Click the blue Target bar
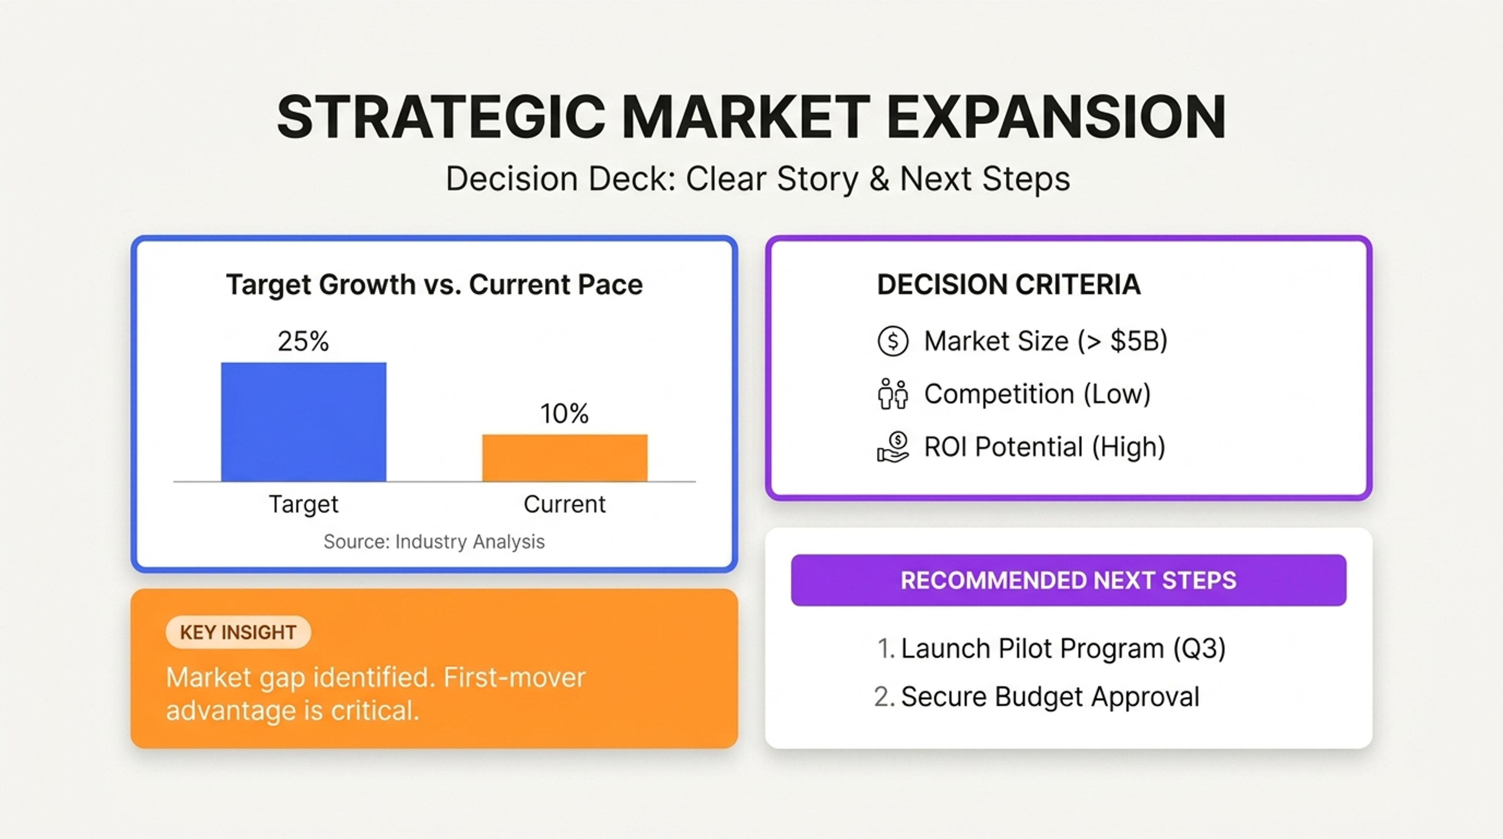tap(303, 422)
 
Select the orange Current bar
tap(565, 458)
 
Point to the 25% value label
tap(303, 341)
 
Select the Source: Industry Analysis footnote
tap(434, 541)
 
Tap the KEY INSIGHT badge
tap(238, 632)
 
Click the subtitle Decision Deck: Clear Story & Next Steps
tap(758, 179)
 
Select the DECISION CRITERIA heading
tap(1009, 285)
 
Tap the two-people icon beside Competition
tap(893, 394)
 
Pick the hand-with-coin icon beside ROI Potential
tap(893, 447)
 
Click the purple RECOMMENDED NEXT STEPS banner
tap(1068, 580)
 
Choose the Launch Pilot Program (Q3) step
tap(1050, 649)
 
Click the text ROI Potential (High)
tap(1044, 447)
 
